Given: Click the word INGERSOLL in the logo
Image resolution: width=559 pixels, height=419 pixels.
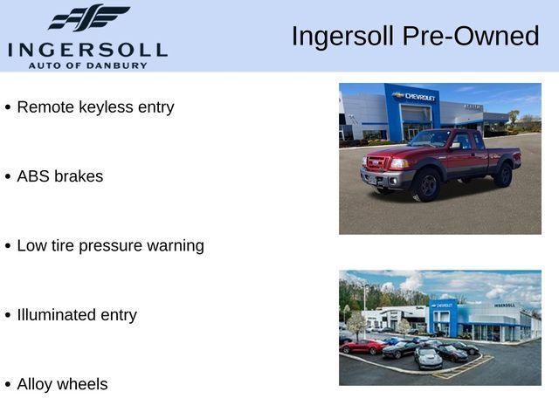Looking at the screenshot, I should click(87, 49).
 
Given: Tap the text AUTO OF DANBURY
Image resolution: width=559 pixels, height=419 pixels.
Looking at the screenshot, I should click(87, 65).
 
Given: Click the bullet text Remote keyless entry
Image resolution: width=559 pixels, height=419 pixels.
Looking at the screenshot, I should click(95, 107).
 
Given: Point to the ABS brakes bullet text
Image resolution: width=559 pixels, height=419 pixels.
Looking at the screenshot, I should click(59, 176).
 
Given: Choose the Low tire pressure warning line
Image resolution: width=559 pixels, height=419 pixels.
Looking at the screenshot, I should click(110, 246).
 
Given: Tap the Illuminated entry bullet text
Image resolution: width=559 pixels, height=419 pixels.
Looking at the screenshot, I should click(77, 315).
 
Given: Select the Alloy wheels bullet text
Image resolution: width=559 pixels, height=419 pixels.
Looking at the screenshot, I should click(62, 384).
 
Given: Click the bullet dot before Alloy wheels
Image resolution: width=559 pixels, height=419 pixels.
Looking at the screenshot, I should click(8, 385).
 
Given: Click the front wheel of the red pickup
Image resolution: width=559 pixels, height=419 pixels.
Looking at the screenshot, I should click(426, 184).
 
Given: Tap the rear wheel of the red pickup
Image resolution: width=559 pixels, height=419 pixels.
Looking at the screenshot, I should click(503, 174).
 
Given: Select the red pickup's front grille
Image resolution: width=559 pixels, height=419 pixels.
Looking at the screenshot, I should click(376, 163).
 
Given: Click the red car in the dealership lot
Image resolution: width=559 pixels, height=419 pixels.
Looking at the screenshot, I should click(362, 347).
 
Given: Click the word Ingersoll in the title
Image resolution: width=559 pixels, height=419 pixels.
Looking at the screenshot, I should click(343, 37).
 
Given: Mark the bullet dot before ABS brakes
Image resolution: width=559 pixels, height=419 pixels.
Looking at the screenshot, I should click(8, 177).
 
